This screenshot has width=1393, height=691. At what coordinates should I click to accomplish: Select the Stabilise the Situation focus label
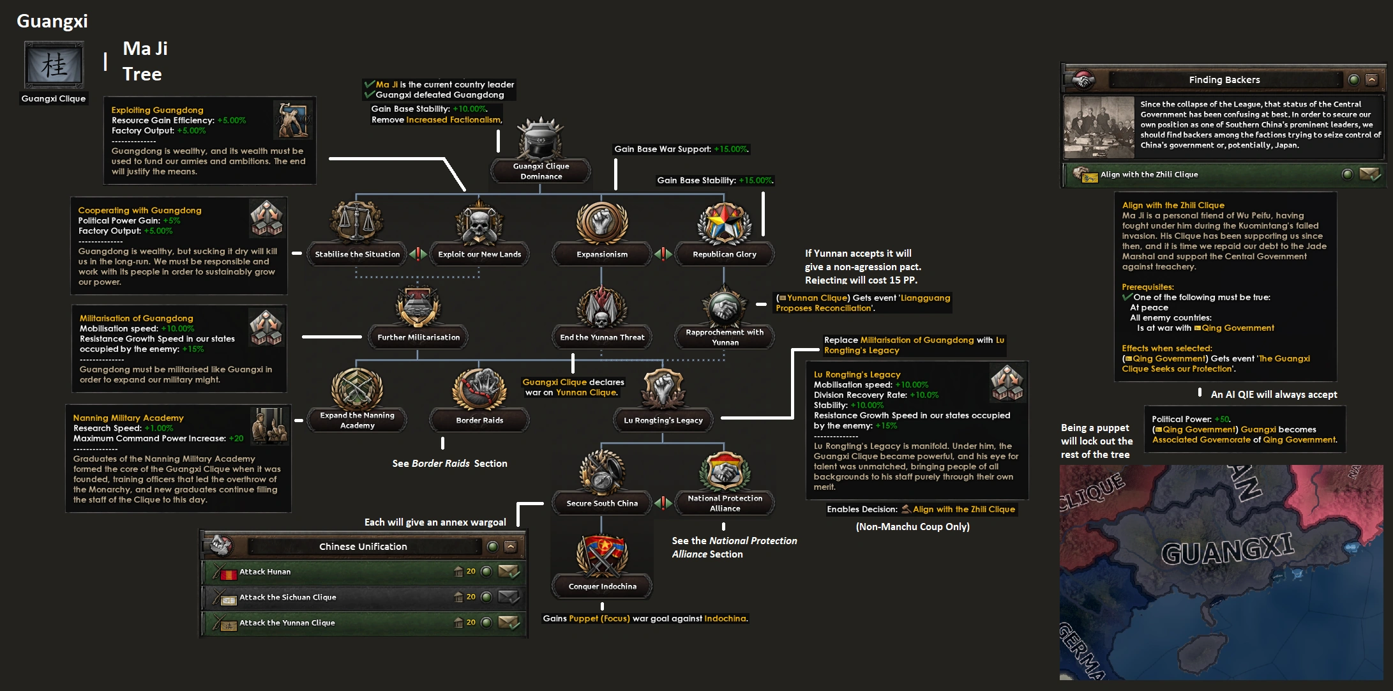(x=357, y=254)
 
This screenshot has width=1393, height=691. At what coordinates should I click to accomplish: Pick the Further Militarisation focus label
(x=418, y=337)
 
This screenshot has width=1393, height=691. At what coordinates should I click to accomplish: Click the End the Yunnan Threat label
(x=602, y=337)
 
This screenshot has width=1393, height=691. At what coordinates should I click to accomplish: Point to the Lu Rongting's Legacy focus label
(x=663, y=420)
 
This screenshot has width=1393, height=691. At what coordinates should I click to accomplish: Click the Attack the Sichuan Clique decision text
(x=287, y=597)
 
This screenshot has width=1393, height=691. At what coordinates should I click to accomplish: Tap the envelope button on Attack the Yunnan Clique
(x=509, y=622)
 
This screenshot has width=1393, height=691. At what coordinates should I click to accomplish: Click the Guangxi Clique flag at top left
(x=54, y=66)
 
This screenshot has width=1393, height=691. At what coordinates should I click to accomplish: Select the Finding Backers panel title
(x=1224, y=80)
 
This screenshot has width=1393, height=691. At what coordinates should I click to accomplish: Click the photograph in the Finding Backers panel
(x=1099, y=127)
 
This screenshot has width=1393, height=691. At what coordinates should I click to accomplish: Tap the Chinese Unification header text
(x=363, y=547)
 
